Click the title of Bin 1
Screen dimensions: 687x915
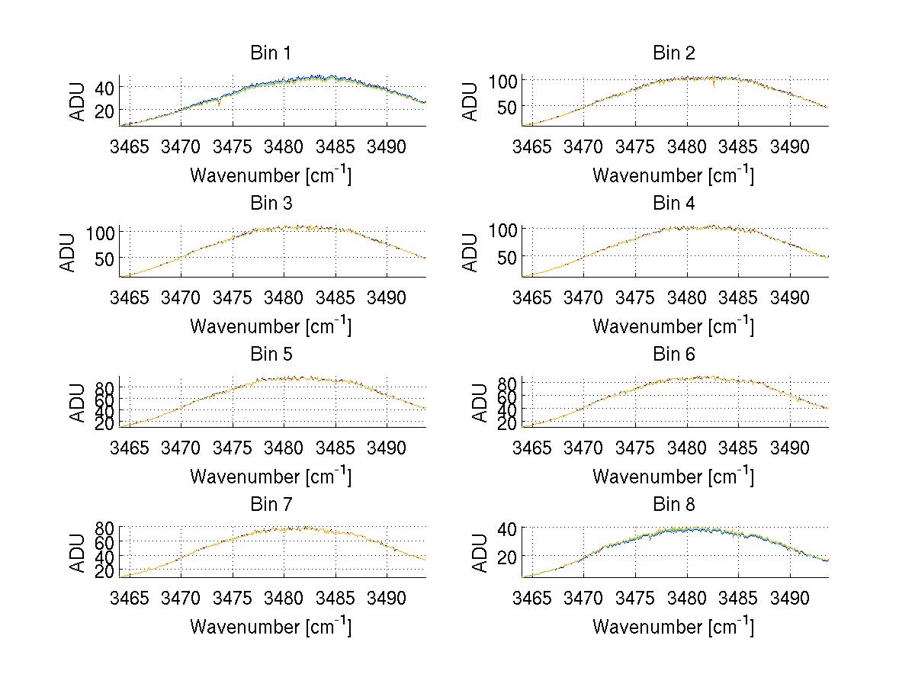point(271,53)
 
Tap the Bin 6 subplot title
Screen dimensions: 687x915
point(674,355)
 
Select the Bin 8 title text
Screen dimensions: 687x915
point(674,505)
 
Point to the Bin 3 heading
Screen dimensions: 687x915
point(271,204)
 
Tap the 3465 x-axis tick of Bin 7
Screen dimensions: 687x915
point(130,597)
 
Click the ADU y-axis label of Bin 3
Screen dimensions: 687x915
point(68,252)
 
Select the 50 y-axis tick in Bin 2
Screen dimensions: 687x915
point(506,107)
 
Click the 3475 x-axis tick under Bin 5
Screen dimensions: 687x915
point(233,447)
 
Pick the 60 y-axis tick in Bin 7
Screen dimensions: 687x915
point(104,542)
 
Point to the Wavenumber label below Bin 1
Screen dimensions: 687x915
point(271,175)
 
